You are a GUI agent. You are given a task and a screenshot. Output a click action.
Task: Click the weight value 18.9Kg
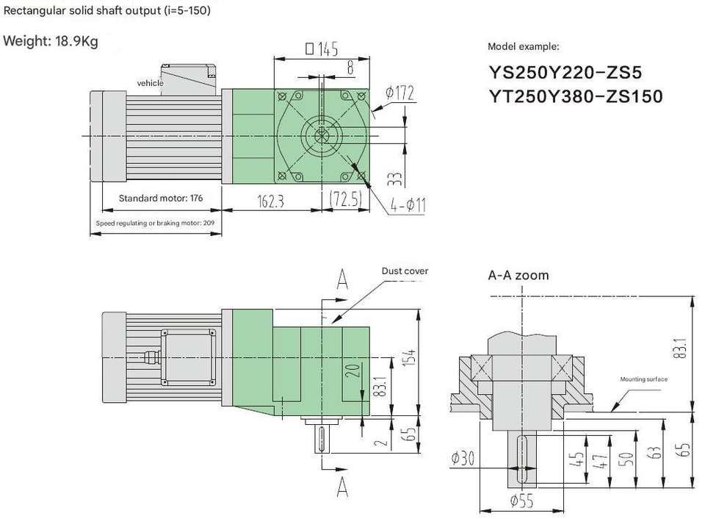click(76, 41)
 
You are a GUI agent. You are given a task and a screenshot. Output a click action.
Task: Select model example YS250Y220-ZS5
click(565, 73)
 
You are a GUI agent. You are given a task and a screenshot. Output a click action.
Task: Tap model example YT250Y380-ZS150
click(576, 96)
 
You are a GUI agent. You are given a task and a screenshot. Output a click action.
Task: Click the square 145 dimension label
click(322, 49)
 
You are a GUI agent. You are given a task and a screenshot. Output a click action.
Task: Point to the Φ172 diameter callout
click(399, 93)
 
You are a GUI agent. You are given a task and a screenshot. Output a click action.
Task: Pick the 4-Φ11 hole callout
click(408, 205)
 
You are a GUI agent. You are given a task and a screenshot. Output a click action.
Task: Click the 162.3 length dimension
click(271, 201)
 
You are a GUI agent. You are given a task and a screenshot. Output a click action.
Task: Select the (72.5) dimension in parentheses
click(346, 198)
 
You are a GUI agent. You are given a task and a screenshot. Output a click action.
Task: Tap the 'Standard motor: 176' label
click(161, 198)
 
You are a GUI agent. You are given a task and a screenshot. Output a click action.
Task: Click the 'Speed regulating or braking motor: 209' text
click(155, 223)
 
